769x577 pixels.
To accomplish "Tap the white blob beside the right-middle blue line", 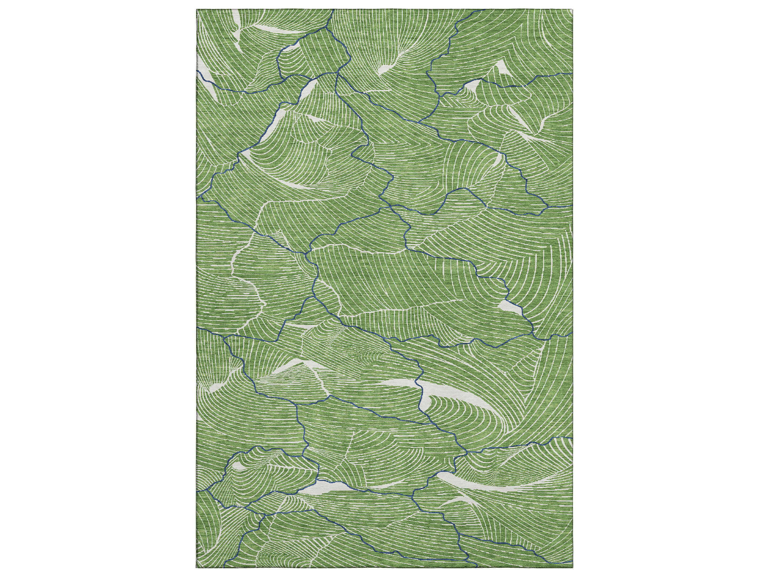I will click(507, 306).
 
